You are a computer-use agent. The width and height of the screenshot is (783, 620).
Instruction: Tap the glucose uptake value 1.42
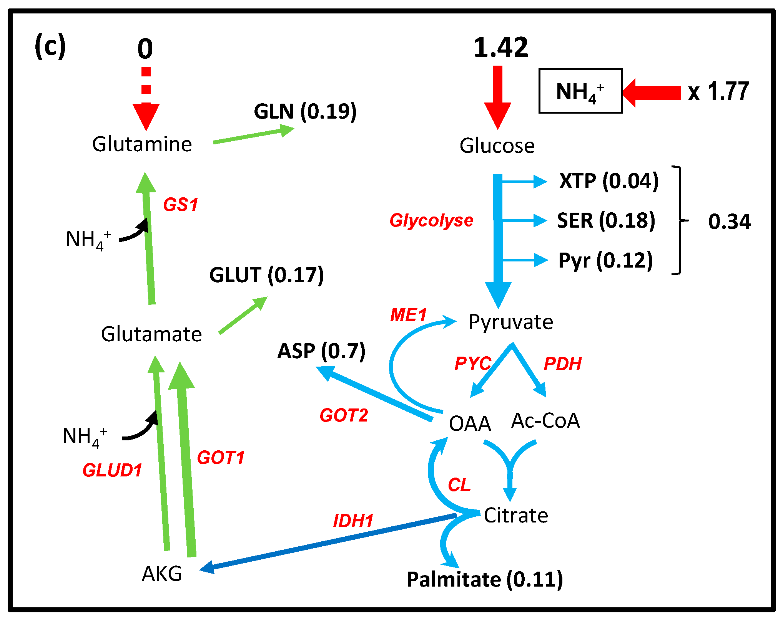coord(500,48)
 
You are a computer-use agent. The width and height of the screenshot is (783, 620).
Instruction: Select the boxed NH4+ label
coord(580,91)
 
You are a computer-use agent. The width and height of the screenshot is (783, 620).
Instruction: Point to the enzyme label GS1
coord(181,205)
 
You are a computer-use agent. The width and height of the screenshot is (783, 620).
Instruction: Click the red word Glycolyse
coord(431,220)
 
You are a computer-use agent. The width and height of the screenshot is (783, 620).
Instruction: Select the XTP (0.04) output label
coord(609,181)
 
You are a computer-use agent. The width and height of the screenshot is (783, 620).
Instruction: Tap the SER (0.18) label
coord(606,220)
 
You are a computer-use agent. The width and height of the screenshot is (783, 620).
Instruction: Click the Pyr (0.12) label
coord(605,261)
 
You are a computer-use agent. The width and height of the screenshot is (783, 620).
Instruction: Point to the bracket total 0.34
coord(729,222)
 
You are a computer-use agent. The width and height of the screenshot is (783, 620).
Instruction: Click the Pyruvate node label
coord(510,322)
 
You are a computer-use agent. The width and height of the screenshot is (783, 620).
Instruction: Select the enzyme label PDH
coord(562,364)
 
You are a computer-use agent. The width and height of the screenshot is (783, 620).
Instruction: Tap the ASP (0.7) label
coord(321,351)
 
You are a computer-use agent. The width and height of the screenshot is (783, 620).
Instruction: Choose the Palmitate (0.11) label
coord(484,579)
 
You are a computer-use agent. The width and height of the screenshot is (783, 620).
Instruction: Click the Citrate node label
coord(515,515)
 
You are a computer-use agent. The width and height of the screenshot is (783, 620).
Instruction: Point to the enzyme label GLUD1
coord(112,470)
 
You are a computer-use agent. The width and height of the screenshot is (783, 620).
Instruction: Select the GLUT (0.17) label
coord(266,275)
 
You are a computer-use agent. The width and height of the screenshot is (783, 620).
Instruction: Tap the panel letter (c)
coord(50,46)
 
